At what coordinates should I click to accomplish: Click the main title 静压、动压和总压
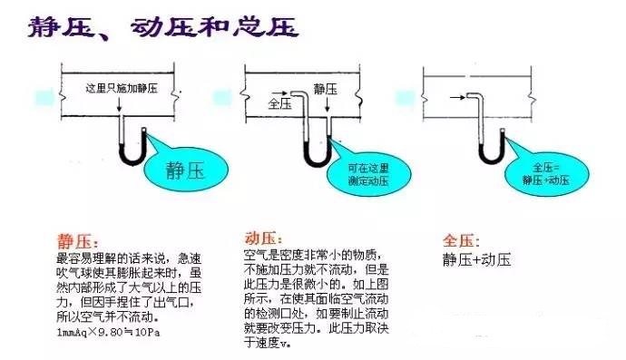pyautogui.click(x=163, y=27)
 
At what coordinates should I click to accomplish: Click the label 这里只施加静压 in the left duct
pyautogui.click(x=122, y=88)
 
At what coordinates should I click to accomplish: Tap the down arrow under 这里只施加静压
pyautogui.click(x=120, y=103)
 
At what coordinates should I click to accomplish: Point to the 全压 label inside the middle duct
pyautogui.click(x=279, y=103)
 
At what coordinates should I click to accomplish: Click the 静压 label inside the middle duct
pyautogui.click(x=326, y=89)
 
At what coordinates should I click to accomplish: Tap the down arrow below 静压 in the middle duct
pyautogui.click(x=328, y=104)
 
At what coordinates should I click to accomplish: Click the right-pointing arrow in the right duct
pyautogui.click(x=457, y=97)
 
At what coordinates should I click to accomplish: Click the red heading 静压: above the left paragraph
pyautogui.click(x=77, y=241)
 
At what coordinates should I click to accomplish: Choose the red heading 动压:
pyautogui.click(x=263, y=238)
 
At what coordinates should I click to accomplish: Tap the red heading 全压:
pyautogui.click(x=461, y=240)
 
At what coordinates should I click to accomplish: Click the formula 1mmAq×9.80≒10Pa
pyautogui.click(x=108, y=332)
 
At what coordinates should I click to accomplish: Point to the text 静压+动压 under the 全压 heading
pyautogui.click(x=476, y=260)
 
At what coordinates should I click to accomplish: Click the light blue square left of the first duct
pyautogui.click(x=44, y=97)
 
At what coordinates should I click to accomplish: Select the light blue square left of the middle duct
pyautogui.click(x=222, y=98)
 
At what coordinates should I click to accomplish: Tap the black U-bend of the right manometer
pyautogui.click(x=492, y=157)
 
